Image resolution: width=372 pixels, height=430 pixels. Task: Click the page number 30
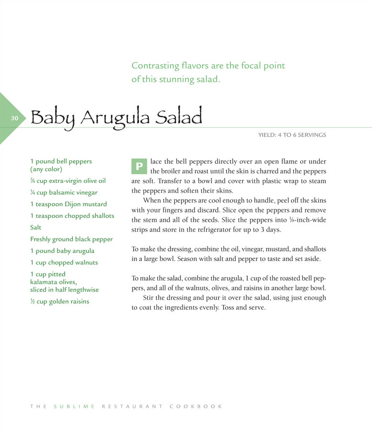[15, 118]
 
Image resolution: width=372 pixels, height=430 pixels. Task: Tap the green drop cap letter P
[139, 167]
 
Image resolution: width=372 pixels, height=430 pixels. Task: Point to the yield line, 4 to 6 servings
[292, 135]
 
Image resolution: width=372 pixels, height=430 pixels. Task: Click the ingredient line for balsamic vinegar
[64, 192]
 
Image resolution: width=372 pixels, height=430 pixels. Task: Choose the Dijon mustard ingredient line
[69, 204]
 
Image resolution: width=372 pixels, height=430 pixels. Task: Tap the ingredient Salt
[36, 227]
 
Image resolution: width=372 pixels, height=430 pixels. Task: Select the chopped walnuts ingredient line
[64, 263]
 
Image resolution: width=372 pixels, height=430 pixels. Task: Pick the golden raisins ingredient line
[60, 301]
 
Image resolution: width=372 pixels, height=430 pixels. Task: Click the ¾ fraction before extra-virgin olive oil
[33, 181]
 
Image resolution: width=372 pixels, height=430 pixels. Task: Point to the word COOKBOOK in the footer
[196, 406]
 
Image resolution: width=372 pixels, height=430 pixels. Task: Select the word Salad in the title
[182, 117]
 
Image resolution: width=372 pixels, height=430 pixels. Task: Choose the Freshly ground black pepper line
[72, 239]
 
